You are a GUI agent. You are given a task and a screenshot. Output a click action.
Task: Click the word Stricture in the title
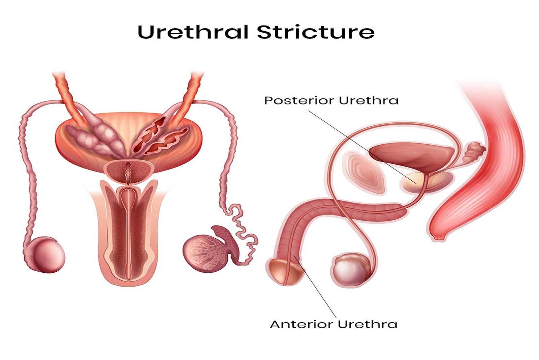point(316,32)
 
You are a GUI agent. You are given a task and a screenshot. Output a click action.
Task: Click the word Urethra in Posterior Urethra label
point(369,100)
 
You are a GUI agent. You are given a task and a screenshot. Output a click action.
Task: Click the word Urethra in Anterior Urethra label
point(368,324)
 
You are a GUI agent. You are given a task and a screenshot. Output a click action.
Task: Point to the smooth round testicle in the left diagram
point(49,255)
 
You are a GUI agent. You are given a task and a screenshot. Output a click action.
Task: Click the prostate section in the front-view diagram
point(128,172)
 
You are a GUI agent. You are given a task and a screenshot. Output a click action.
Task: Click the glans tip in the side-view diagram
point(285,272)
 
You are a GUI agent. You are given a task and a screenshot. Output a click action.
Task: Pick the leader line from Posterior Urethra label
point(362,147)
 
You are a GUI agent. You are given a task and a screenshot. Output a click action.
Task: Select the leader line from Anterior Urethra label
point(315,286)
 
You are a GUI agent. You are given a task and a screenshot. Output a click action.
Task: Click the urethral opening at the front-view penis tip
point(130,280)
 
